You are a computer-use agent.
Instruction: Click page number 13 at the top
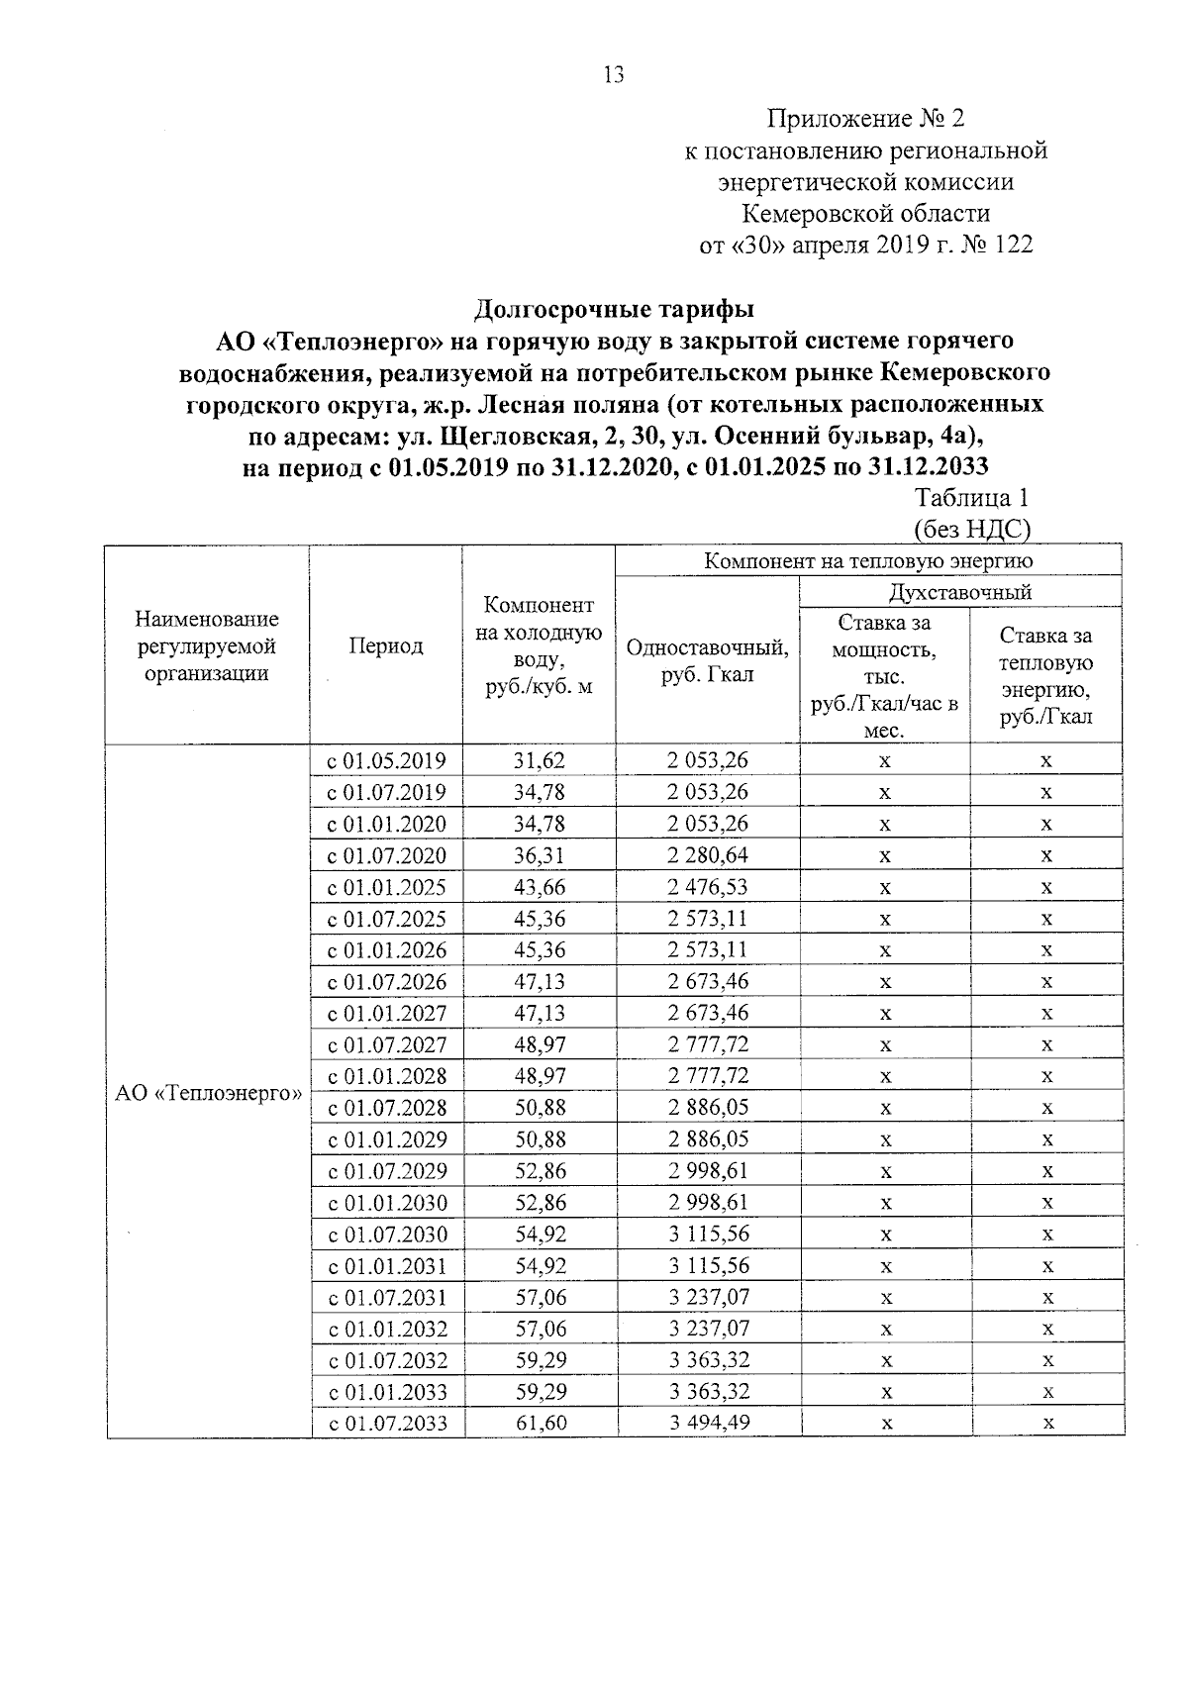point(613,75)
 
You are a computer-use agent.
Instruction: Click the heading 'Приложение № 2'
point(865,120)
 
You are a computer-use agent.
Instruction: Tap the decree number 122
point(1012,245)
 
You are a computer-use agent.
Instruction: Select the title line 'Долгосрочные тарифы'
point(614,309)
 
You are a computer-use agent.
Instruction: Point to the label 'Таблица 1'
point(971,498)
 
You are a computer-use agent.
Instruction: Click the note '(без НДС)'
point(971,530)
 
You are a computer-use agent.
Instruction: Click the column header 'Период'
point(386,646)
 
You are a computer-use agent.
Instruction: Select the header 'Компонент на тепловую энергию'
point(868,561)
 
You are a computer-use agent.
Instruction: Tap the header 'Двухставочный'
point(960,592)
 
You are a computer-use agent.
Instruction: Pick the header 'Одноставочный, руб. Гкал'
point(707,660)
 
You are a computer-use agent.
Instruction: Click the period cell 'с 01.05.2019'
point(387,761)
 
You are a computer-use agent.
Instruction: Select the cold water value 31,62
point(539,760)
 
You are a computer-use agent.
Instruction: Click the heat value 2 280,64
point(707,854)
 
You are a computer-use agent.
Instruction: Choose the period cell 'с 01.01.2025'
point(387,887)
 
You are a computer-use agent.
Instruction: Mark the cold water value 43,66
point(539,886)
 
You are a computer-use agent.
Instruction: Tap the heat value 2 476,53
point(707,886)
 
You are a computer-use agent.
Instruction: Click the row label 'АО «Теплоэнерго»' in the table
point(208,1093)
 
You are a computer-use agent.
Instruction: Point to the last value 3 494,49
point(709,1423)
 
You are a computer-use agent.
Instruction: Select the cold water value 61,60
point(541,1423)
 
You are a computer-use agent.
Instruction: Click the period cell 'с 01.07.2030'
point(387,1235)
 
